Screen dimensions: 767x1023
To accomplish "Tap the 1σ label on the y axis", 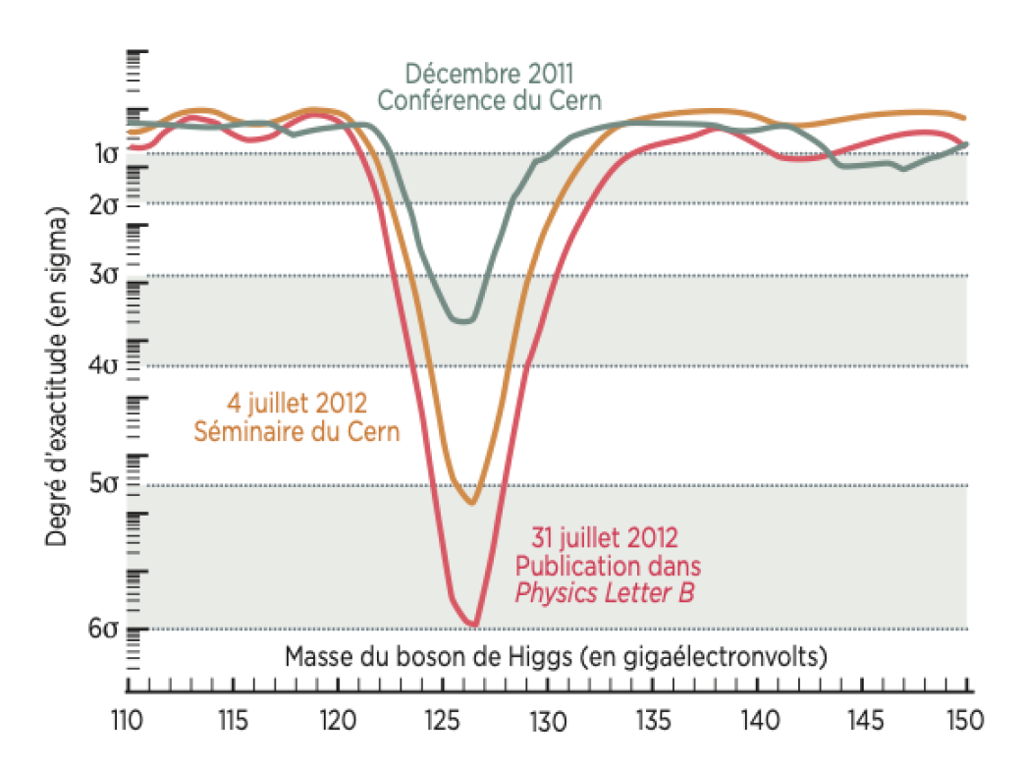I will click(105, 153).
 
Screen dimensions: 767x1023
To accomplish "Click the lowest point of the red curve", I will click(474, 624).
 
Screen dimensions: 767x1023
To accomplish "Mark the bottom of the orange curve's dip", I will click(472, 503).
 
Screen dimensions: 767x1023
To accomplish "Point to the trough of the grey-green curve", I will click(465, 320).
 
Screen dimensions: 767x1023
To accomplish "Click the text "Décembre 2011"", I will click(489, 74).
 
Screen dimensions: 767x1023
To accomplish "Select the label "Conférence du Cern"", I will click(489, 100).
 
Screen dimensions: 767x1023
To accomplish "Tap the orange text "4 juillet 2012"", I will click(292, 403).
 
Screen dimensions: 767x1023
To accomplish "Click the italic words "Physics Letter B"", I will click(606, 593).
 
